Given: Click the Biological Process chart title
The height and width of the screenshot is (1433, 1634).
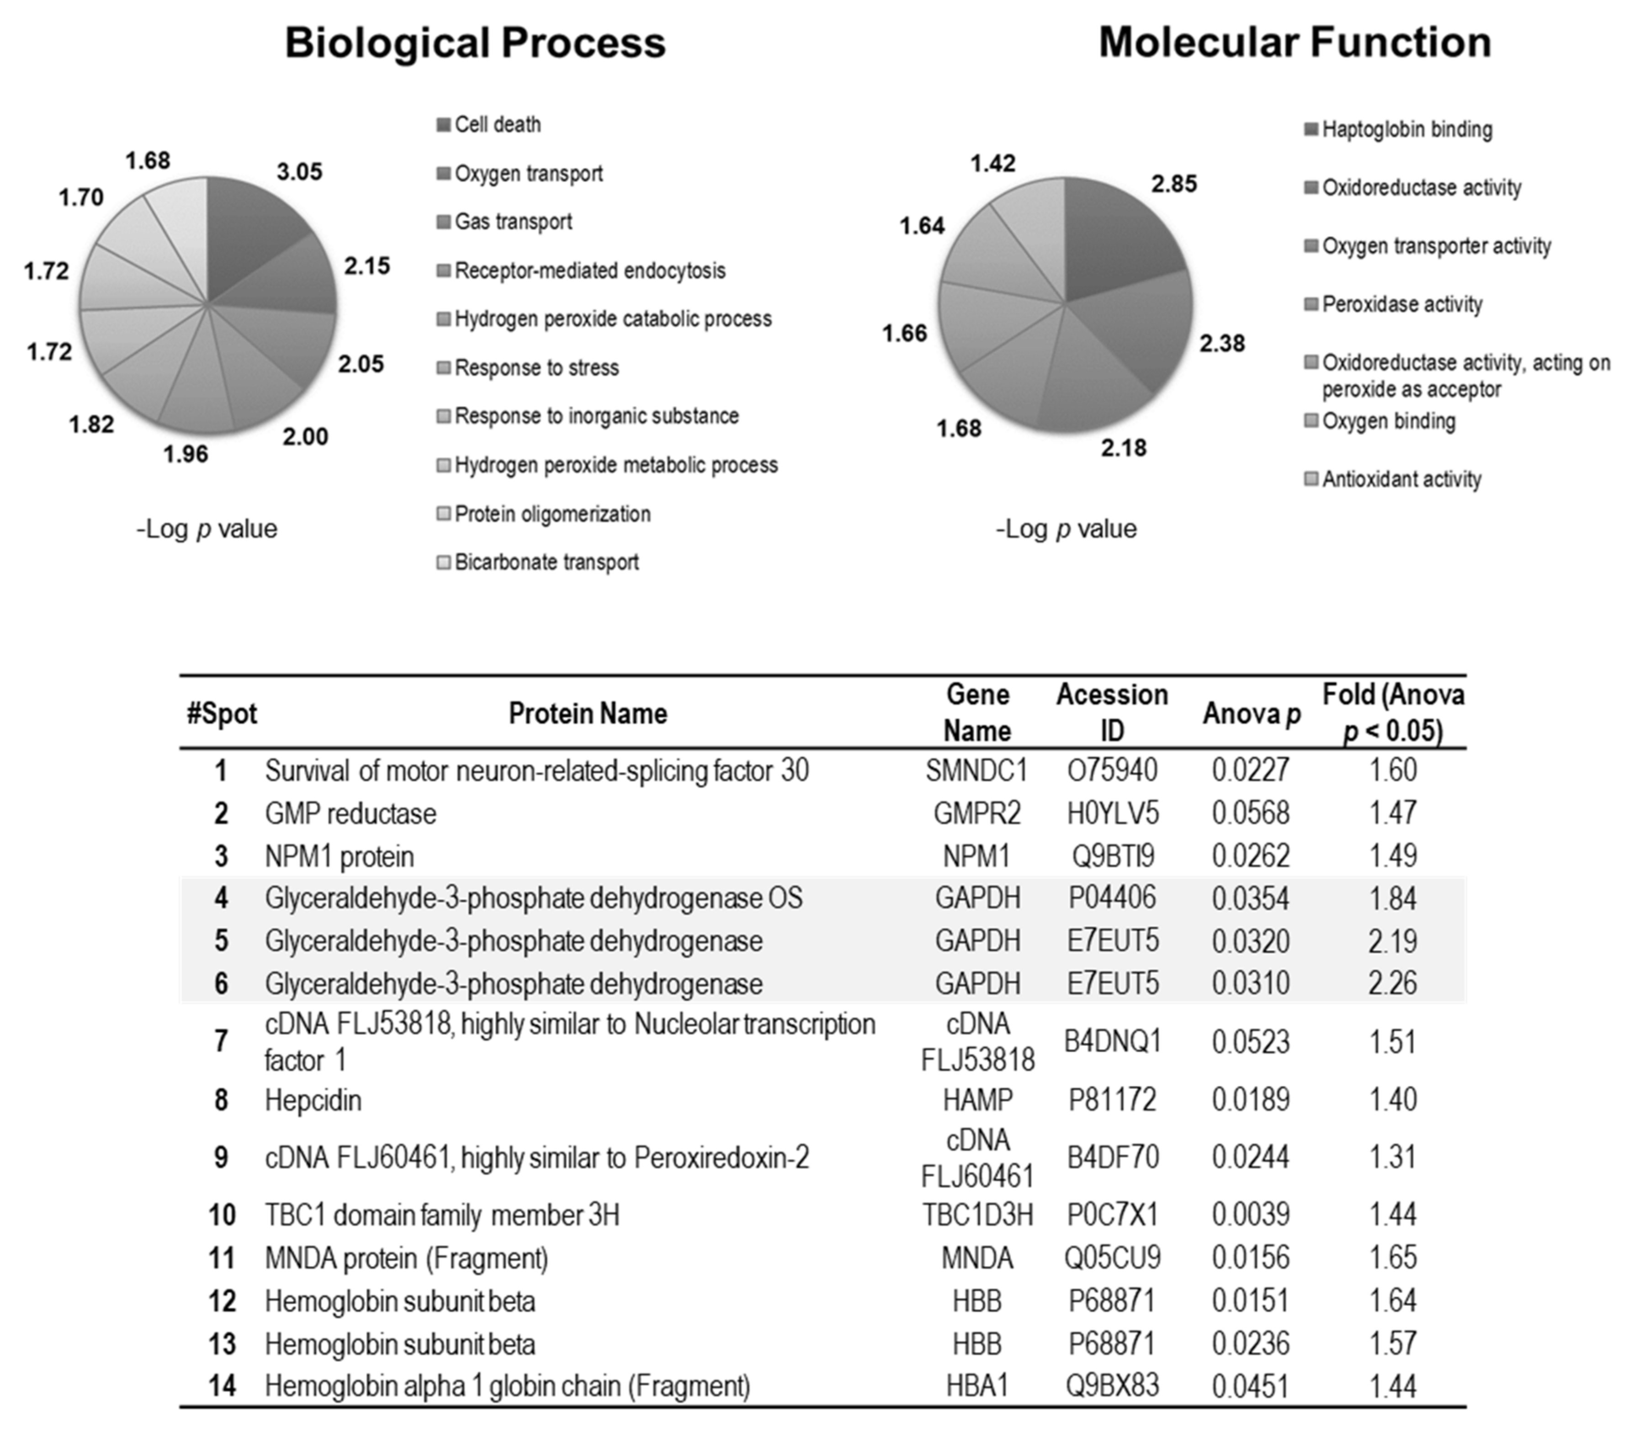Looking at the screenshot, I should coord(475,42).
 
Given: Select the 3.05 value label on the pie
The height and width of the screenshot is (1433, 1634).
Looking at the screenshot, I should coord(300,172).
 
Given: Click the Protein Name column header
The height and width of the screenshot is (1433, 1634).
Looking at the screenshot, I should coord(588,713).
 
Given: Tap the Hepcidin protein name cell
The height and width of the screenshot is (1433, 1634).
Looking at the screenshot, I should coord(313,1100).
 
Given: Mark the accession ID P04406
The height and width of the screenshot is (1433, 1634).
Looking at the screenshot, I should coord(1112,898).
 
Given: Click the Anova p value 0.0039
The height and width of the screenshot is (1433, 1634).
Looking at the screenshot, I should coord(1250,1215).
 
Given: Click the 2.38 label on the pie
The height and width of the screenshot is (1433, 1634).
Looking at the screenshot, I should coord(1221,344).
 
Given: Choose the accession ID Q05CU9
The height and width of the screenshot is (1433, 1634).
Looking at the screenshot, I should coord(1112,1258).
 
